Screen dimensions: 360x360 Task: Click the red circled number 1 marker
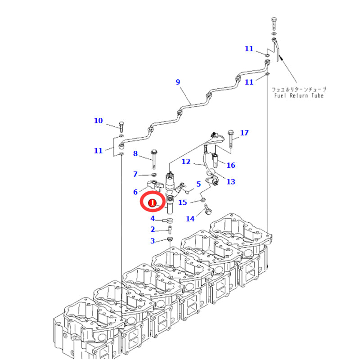coord(152,203)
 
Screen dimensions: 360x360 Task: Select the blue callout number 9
coord(178,82)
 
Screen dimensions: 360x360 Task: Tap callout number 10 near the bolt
coord(98,121)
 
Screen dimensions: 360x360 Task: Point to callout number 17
coord(244,133)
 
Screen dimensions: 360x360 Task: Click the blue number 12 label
coord(186,162)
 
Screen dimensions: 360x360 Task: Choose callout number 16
coord(231,165)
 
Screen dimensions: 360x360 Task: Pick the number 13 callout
coord(231,182)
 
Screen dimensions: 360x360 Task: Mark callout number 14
coord(190,219)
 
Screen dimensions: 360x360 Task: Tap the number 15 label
coord(183,202)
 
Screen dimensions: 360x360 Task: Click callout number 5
coord(198,184)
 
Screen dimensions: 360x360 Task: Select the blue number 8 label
coord(135,153)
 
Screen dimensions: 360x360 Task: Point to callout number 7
coord(135,174)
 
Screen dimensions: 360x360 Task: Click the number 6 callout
coord(135,192)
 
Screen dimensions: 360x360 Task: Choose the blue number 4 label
coord(153,218)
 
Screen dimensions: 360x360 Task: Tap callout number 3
coord(153,241)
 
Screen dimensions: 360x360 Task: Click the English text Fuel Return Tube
coord(299,95)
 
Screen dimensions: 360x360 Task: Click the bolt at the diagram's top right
coord(274,24)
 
